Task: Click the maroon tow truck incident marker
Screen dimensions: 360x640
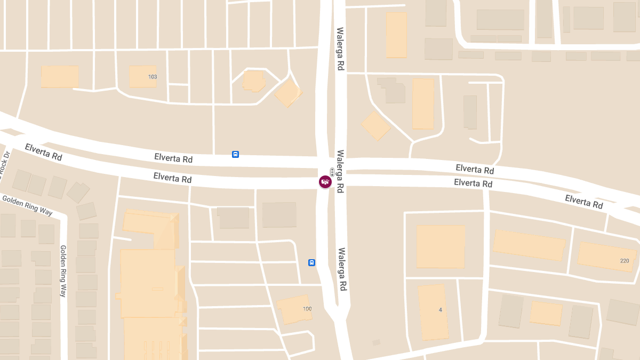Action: (x=325, y=182)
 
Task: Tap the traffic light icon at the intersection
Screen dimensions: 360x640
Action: (x=332, y=171)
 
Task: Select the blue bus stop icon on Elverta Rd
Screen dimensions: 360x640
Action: (x=235, y=155)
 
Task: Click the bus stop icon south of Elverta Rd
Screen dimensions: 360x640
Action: (x=311, y=262)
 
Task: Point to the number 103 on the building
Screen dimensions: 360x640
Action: (x=153, y=77)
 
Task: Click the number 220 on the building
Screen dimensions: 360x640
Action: (x=625, y=261)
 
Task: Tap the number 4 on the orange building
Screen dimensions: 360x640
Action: (x=440, y=310)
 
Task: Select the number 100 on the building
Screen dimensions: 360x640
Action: (x=307, y=309)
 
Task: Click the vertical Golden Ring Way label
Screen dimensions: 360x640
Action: (x=63, y=271)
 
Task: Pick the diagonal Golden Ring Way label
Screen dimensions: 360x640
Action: (x=27, y=205)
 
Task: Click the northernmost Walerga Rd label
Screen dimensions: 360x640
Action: (x=340, y=49)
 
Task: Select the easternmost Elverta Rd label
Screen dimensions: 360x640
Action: (x=584, y=202)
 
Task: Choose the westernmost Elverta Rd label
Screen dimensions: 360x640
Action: (x=43, y=152)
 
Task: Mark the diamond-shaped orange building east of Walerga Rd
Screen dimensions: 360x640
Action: (x=376, y=126)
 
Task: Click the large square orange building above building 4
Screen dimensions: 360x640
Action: (x=441, y=246)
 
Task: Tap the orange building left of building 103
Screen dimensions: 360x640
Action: (x=60, y=77)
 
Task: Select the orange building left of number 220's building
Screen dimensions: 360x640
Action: (x=529, y=245)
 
